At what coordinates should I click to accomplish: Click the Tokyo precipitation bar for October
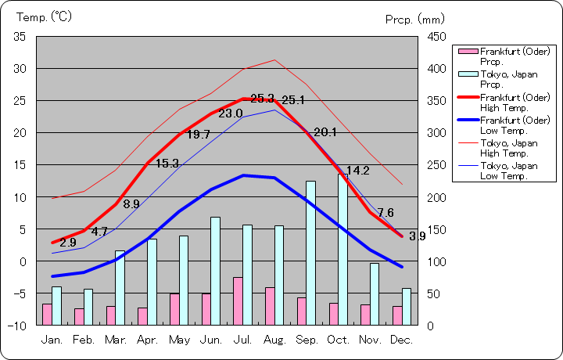tap(342, 250)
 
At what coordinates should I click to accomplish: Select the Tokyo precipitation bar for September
tap(310, 253)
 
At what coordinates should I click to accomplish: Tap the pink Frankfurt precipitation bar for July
tap(237, 301)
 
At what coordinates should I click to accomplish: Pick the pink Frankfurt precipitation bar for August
tap(270, 306)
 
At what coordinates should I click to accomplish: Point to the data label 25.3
tap(262, 99)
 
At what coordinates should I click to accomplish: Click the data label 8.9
tap(131, 204)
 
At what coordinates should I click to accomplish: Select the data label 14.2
tap(357, 171)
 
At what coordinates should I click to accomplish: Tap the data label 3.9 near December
tap(417, 236)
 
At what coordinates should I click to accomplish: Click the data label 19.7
tap(199, 135)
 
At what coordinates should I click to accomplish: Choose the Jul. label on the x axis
tap(242, 340)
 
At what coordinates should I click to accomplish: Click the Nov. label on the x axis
tap(370, 340)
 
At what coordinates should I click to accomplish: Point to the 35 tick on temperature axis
tap(20, 37)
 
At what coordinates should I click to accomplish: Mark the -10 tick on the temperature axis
tap(16, 325)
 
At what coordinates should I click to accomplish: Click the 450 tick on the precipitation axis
tap(436, 37)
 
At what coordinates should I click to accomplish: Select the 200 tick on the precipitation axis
tap(436, 196)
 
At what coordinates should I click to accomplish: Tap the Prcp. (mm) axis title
tap(414, 19)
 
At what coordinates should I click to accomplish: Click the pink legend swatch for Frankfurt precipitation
tap(468, 52)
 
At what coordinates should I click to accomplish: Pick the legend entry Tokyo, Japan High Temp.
tap(509, 149)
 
